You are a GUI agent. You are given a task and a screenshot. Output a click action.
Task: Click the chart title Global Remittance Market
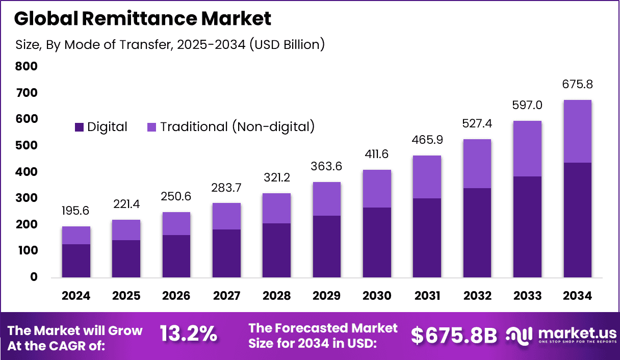142,19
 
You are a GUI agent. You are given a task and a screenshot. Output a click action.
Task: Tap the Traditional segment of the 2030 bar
377,189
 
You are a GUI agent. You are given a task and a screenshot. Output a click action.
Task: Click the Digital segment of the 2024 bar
76,261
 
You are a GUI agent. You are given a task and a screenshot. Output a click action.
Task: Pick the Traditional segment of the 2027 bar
226,216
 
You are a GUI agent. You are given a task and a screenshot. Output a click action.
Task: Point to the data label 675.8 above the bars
577,85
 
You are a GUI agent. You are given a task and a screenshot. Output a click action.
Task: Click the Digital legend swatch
79,127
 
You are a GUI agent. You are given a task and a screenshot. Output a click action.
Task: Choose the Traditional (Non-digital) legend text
237,127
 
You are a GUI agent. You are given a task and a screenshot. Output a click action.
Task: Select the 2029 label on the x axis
327,296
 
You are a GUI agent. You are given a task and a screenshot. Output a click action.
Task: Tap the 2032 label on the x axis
477,296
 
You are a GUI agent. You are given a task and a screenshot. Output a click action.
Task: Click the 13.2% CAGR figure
188,335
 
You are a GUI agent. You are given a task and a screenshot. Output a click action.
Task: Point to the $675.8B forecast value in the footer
454,335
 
